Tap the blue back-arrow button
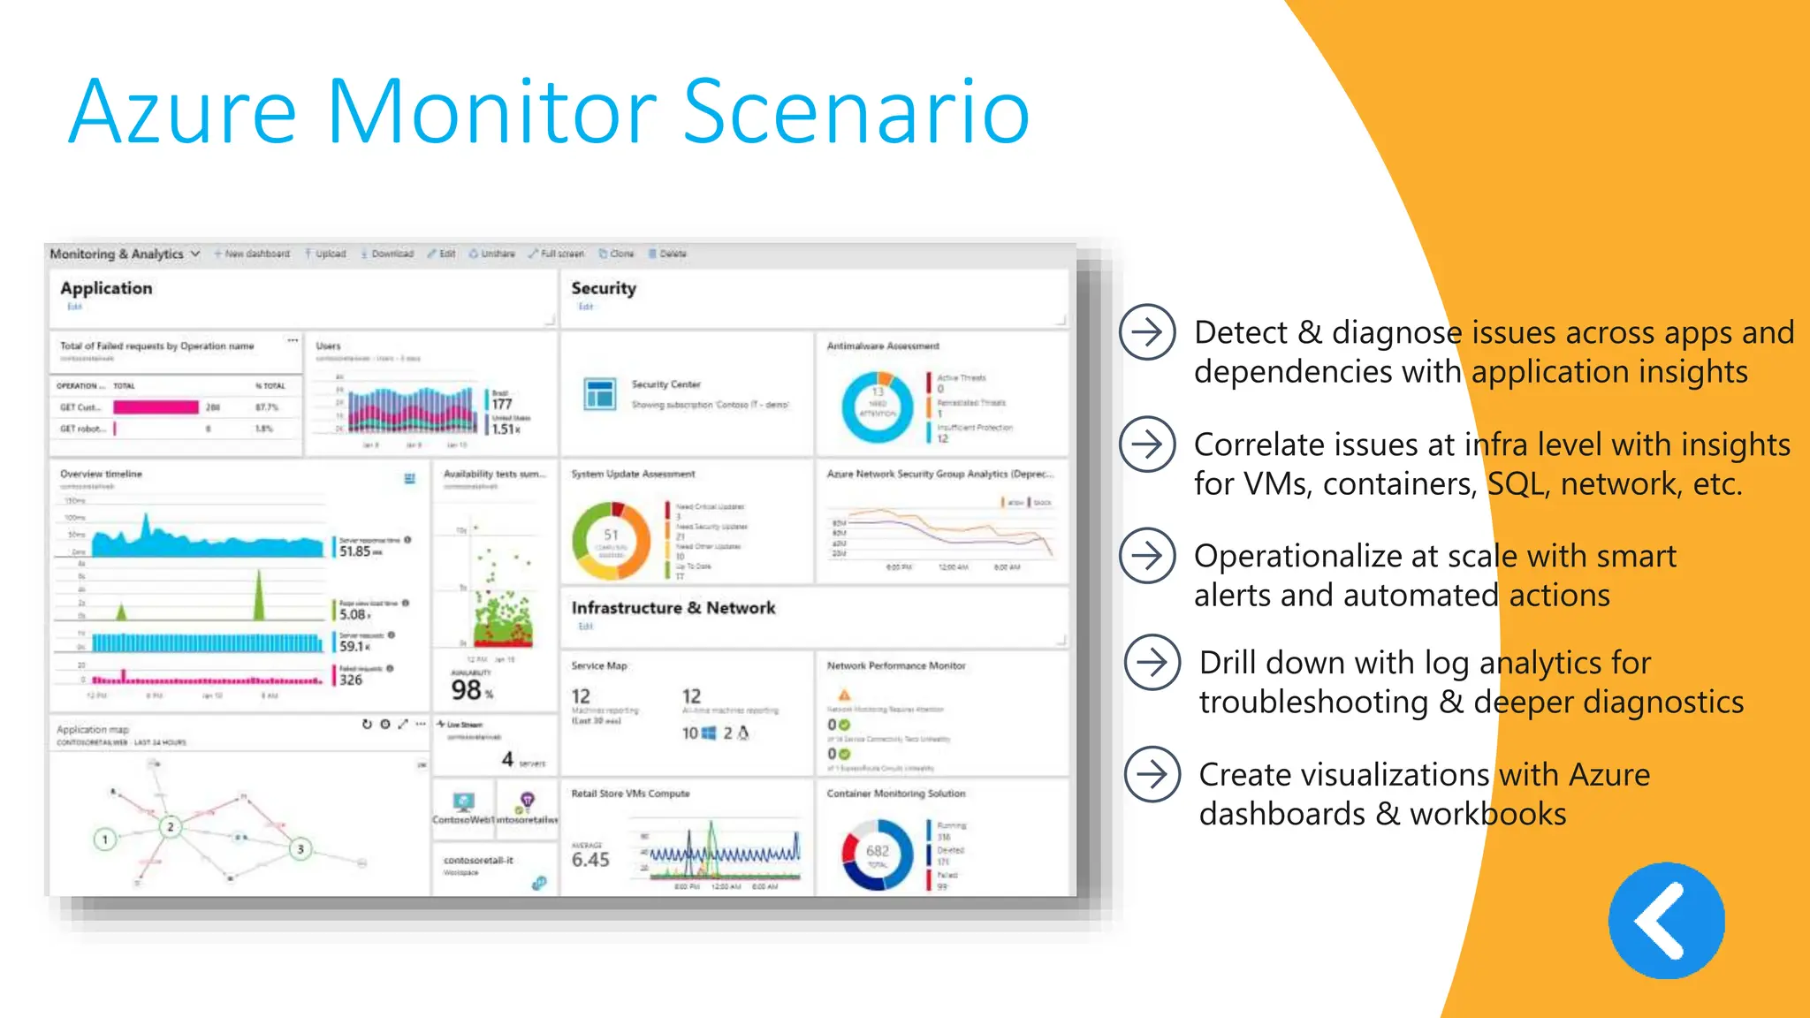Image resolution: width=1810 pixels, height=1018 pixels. coord(1666,921)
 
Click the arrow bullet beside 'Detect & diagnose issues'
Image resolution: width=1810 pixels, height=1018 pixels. coord(1147,332)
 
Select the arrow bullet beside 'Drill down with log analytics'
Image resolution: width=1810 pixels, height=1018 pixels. coord(1152,662)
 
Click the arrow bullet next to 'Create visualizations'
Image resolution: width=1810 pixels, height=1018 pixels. coord(1152,774)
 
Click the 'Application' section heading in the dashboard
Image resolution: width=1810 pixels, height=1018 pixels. coord(106,288)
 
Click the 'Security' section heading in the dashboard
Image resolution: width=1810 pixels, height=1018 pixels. coord(604,288)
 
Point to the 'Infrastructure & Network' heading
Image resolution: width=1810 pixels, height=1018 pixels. coord(673,608)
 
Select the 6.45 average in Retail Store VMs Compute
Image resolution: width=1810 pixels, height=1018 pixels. coord(590,859)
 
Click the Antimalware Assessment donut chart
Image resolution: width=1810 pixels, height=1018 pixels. coord(877,407)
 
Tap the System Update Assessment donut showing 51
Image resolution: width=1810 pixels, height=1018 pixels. coord(612,541)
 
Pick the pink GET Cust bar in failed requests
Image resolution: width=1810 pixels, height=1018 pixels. coord(156,407)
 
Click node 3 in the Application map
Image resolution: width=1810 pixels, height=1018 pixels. coord(300,849)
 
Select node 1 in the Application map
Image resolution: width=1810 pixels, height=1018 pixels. coord(105,839)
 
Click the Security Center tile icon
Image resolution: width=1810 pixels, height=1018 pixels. coord(600,394)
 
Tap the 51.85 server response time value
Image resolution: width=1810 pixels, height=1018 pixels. coord(355,551)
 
